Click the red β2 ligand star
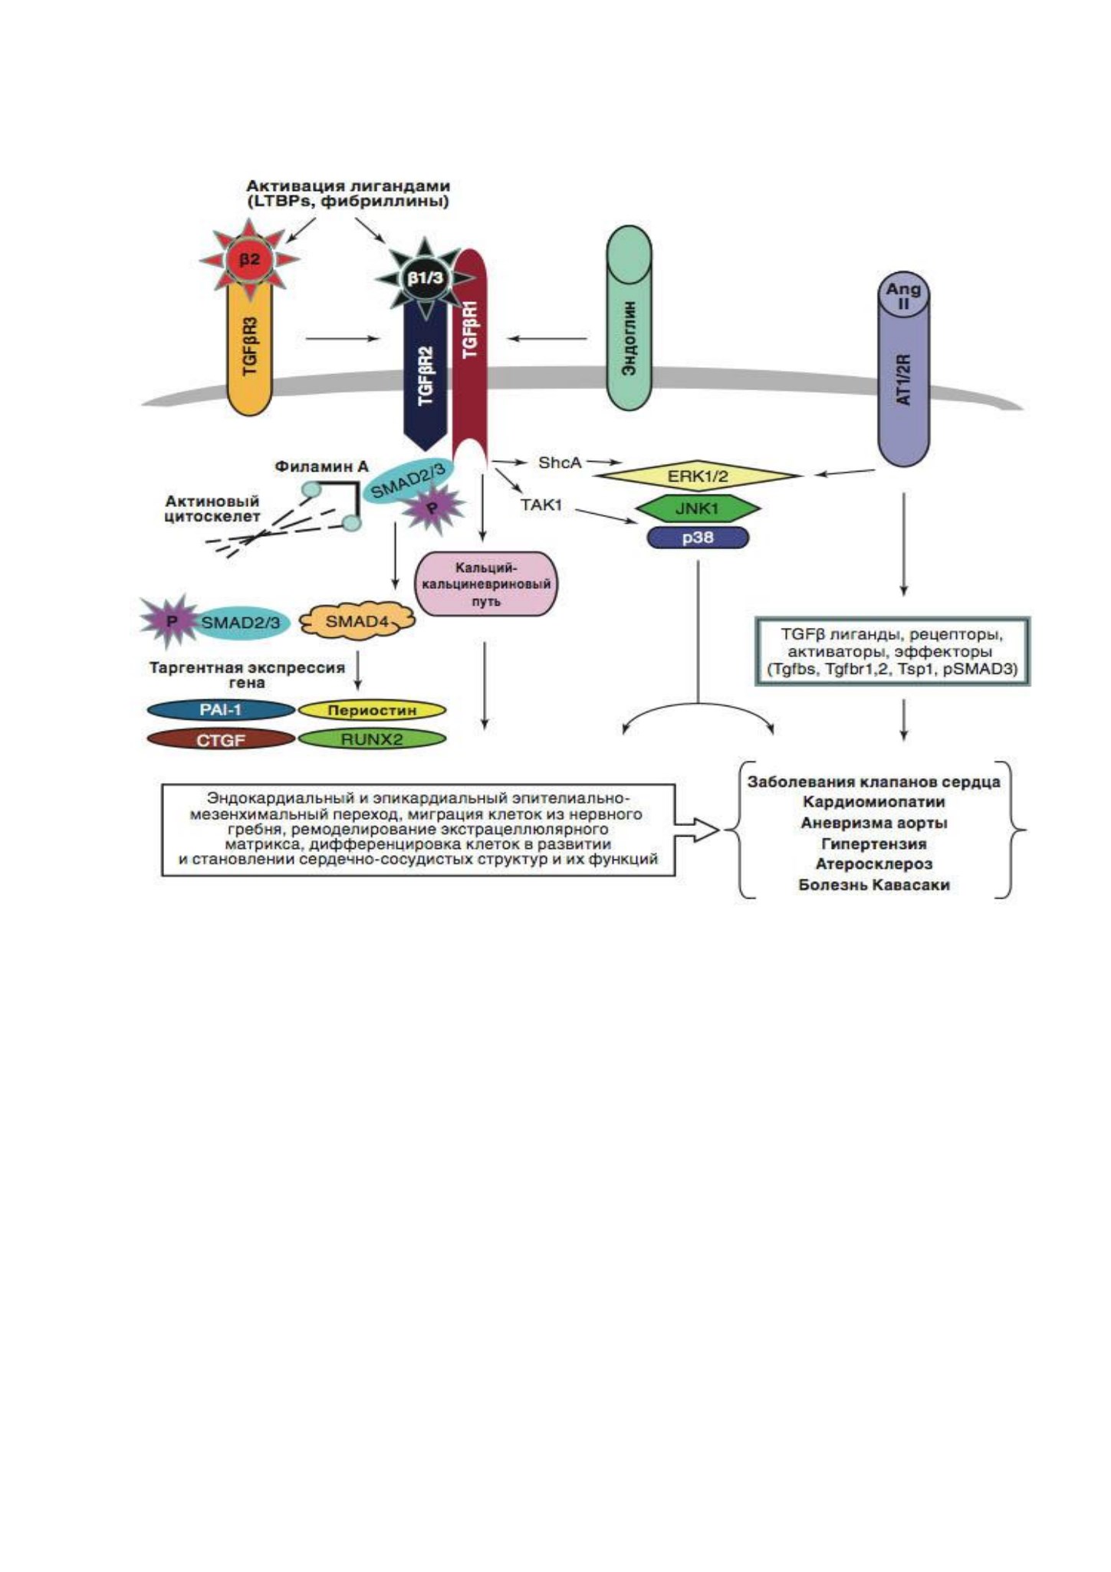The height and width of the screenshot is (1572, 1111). (250, 260)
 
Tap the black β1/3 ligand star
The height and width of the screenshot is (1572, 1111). (425, 278)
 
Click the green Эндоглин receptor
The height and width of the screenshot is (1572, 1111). (629, 317)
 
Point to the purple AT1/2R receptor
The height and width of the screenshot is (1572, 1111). (903, 368)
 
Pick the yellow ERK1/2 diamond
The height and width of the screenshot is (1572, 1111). (698, 476)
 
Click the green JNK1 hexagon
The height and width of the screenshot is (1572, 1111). (698, 508)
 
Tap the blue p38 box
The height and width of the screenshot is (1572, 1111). (698, 538)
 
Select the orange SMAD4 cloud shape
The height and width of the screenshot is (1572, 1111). (357, 621)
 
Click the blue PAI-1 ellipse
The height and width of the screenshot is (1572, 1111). (221, 710)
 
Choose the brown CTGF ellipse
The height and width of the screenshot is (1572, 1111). (221, 740)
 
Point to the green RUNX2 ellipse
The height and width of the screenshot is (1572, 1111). (372, 740)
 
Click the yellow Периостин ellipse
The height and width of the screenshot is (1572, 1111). (372, 710)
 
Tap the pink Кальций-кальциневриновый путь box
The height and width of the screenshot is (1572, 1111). (486, 584)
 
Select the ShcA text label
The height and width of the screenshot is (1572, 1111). (560, 462)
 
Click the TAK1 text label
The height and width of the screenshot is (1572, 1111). (541, 505)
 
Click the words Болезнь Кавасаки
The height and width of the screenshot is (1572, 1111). (874, 885)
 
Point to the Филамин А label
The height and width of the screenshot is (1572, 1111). (322, 466)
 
